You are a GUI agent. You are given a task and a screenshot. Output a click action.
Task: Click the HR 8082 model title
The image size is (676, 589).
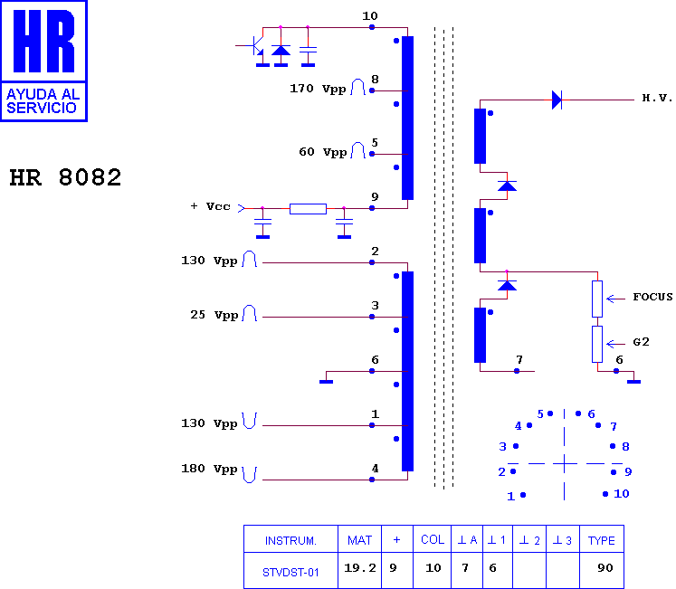pos(65,177)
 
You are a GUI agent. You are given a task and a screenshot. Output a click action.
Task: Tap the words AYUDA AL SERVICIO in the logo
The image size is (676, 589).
pos(43,101)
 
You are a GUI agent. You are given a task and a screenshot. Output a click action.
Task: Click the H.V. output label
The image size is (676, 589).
pos(657,99)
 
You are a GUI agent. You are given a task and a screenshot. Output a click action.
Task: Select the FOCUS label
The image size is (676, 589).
pos(652,297)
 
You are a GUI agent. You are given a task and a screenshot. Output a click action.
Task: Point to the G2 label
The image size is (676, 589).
pos(641,342)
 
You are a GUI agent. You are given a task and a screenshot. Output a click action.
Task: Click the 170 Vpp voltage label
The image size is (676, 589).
pos(318,89)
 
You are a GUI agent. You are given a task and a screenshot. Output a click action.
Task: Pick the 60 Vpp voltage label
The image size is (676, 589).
pos(323,152)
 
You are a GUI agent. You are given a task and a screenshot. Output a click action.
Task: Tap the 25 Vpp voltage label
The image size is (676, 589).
pos(214,315)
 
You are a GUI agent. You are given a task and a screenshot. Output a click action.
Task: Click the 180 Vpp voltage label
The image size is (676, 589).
pos(209,469)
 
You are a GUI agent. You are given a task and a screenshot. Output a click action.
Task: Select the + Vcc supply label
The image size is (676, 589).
pos(210,206)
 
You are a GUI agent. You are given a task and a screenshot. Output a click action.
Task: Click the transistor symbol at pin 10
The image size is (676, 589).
pos(257,46)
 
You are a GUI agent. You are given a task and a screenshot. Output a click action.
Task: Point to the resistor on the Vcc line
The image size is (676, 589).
pos(308,209)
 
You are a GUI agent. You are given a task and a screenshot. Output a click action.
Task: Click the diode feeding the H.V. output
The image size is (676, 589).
pos(557,100)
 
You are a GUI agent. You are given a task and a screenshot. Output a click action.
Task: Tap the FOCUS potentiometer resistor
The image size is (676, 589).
pos(597,299)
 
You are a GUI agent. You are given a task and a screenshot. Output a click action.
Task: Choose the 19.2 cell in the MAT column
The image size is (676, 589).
pos(360,568)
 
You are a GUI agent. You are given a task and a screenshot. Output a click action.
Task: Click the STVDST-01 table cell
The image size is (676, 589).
pos(290,573)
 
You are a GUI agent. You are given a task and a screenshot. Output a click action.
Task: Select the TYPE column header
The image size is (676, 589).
pos(602,541)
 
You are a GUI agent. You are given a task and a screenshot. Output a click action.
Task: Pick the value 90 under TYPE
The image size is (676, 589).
pos(605,568)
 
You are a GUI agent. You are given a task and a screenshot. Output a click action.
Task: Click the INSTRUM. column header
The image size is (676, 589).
pos(290,541)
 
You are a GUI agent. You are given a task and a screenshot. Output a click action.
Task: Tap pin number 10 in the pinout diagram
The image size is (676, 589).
pos(621,494)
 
